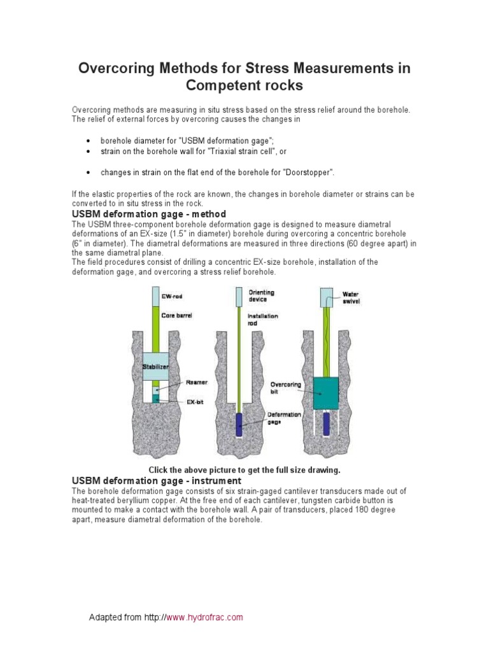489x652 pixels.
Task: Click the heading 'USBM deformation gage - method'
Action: [150, 213]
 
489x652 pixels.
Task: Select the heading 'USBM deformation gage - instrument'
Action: [157, 480]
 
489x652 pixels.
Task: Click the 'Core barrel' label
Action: [176, 315]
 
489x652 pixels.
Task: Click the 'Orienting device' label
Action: [262, 296]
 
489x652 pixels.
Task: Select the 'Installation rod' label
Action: [263, 319]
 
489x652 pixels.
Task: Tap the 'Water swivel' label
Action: [351, 297]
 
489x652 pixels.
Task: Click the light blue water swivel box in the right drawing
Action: [327, 297]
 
